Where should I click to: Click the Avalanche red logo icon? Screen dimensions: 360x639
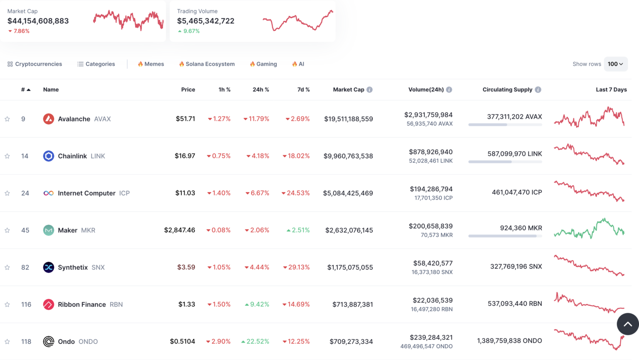(49, 119)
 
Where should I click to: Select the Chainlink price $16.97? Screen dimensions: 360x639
(185, 156)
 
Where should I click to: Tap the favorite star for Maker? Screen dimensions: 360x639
(7, 230)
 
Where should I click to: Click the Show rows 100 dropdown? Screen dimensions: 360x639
(615, 64)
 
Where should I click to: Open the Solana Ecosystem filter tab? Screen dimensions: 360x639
(207, 64)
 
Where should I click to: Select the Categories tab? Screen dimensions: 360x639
(96, 64)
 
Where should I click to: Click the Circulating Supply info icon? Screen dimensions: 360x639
(538, 90)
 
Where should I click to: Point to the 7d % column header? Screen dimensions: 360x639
(303, 90)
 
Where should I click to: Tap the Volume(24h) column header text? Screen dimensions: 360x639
(426, 90)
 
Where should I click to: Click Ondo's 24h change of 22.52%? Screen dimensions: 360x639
(255, 342)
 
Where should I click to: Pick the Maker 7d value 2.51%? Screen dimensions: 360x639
(298, 230)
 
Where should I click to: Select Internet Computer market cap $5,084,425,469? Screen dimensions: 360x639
(348, 193)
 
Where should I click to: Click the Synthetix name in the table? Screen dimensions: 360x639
(73, 267)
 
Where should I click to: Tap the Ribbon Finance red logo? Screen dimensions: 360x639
(49, 305)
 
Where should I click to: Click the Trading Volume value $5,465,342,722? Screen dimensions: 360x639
(206, 21)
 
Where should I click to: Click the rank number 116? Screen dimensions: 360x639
(26, 305)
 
